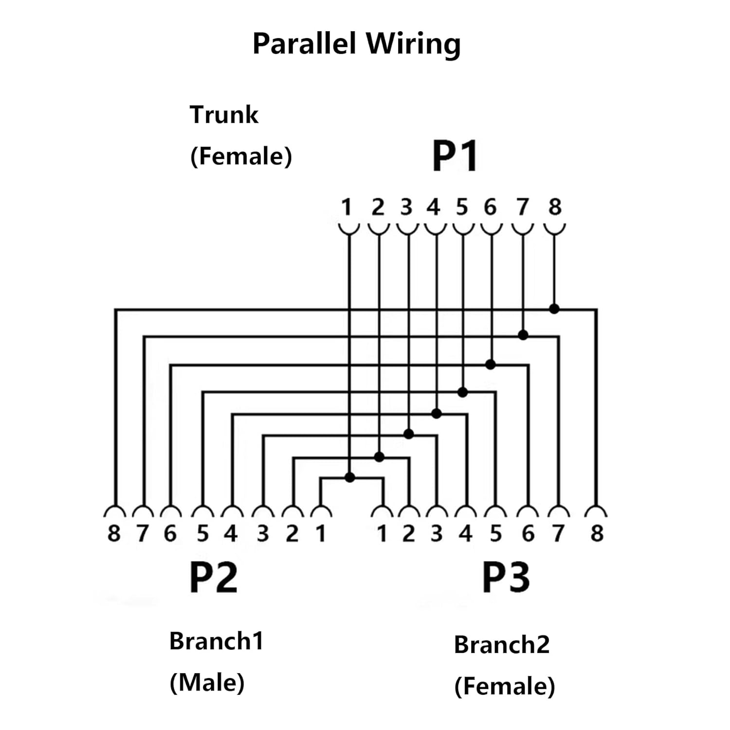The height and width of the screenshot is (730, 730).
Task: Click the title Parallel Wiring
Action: (x=356, y=44)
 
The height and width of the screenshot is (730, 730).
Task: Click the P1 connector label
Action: (x=455, y=156)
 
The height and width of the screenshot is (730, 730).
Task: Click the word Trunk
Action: (x=224, y=115)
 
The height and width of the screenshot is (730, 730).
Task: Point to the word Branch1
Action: (x=216, y=641)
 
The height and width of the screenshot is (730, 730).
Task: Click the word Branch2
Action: (x=502, y=645)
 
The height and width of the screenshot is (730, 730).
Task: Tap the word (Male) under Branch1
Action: (x=207, y=682)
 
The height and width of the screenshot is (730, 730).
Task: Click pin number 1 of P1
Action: (x=346, y=207)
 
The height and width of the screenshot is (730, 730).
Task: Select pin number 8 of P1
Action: (x=555, y=207)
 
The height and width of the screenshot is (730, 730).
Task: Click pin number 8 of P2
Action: (x=113, y=534)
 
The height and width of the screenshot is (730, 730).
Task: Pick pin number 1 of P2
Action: (x=320, y=534)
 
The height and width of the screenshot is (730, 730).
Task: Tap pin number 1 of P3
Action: (x=382, y=534)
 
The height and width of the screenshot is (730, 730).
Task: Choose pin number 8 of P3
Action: (x=597, y=534)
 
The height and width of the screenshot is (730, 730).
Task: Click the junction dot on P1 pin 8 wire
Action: (x=554, y=309)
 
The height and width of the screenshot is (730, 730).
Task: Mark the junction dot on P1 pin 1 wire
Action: (x=349, y=477)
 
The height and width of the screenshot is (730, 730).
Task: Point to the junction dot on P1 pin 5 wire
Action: (x=463, y=392)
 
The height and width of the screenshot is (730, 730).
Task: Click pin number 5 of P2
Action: (x=202, y=534)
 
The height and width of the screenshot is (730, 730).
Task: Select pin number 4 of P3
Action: (x=466, y=534)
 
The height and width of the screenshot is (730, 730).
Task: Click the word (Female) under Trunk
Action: (x=241, y=157)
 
